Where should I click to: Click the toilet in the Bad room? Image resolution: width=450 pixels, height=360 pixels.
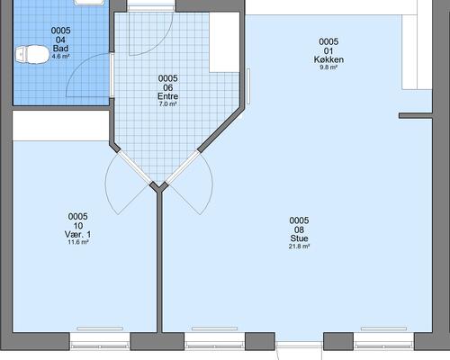pyautogui.click(x=32, y=54)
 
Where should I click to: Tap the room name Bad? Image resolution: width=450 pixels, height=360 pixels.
pyautogui.click(x=60, y=49)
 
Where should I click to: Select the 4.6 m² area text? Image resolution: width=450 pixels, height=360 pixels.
pyautogui.click(x=60, y=56)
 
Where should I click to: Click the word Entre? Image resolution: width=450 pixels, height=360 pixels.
pyautogui.click(x=167, y=96)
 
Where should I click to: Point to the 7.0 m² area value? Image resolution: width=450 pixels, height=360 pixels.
pyautogui.click(x=167, y=104)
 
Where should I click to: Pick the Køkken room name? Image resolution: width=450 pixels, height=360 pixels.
pyautogui.click(x=328, y=59)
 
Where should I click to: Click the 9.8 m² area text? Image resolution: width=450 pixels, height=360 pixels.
pyautogui.click(x=328, y=67)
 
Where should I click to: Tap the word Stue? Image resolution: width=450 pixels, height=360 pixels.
pyautogui.click(x=299, y=238)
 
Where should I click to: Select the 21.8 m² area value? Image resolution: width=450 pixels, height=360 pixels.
pyautogui.click(x=299, y=247)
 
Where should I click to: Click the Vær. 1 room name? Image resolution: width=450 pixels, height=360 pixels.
pyautogui.click(x=78, y=234)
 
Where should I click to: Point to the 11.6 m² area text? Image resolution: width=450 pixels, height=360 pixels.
pyautogui.click(x=78, y=242)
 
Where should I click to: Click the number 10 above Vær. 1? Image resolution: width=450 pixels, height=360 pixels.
pyautogui.click(x=78, y=226)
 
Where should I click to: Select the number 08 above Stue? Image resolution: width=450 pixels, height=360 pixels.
pyautogui.click(x=299, y=229)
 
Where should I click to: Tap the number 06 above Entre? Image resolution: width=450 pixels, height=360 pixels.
pyautogui.click(x=167, y=87)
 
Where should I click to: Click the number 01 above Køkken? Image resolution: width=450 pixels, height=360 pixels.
pyautogui.click(x=328, y=50)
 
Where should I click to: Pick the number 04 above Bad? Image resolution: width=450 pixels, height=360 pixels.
pyautogui.click(x=60, y=40)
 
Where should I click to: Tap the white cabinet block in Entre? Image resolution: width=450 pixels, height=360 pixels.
pyautogui.click(x=224, y=42)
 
